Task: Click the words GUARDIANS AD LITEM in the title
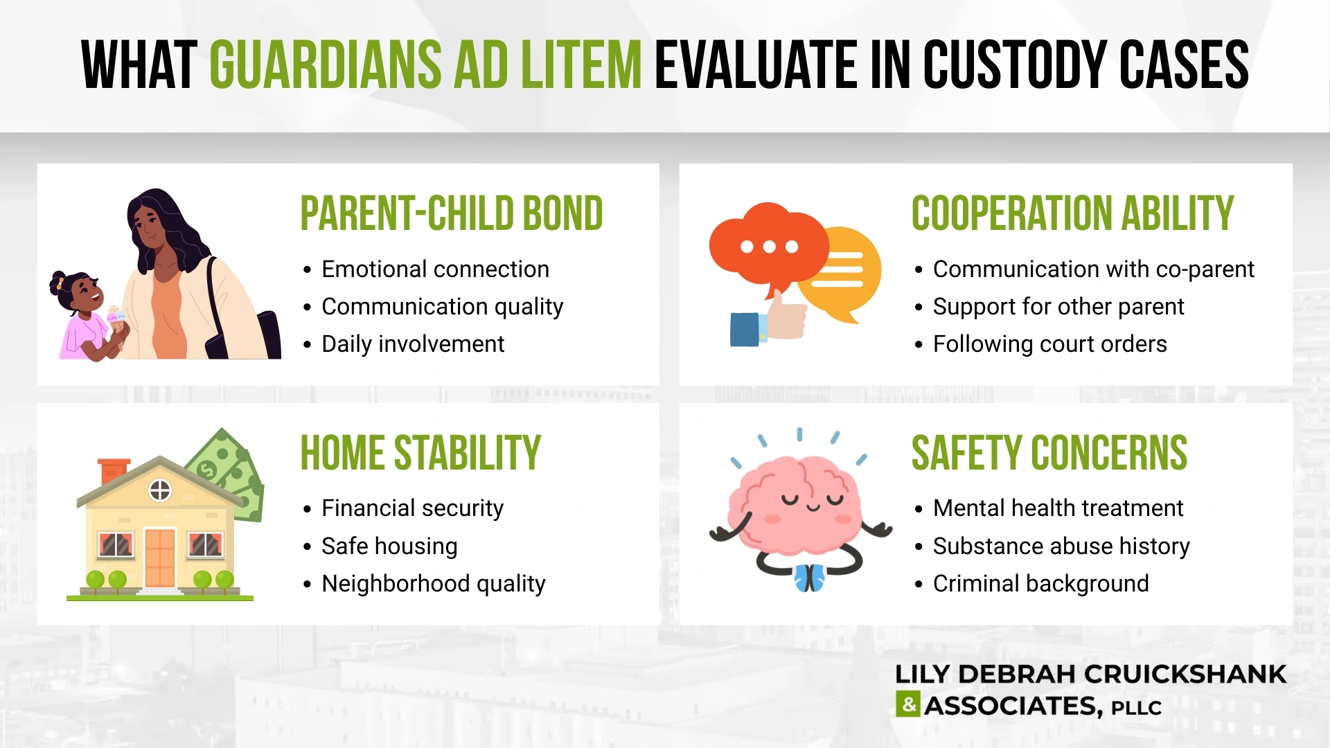click(x=425, y=65)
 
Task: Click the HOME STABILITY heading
click(x=420, y=453)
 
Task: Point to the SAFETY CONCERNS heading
click(x=1049, y=453)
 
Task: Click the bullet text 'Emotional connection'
click(x=435, y=269)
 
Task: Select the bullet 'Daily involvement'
click(x=413, y=344)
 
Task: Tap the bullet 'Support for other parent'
click(x=1058, y=306)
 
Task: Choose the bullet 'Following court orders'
click(x=1049, y=344)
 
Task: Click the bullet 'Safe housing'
click(x=389, y=546)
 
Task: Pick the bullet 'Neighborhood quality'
click(x=433, y=583)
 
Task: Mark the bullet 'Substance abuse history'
click(x=1061, y=546)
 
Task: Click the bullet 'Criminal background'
click(x=1040, y=583)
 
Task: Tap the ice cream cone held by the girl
click(x=116, y=320)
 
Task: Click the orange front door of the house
click(x=160, y=558)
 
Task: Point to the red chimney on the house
click(x=112, y=470)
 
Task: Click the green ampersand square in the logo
click(x=907, y=704)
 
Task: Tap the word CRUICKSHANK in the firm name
click(x=1185, y=674)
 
